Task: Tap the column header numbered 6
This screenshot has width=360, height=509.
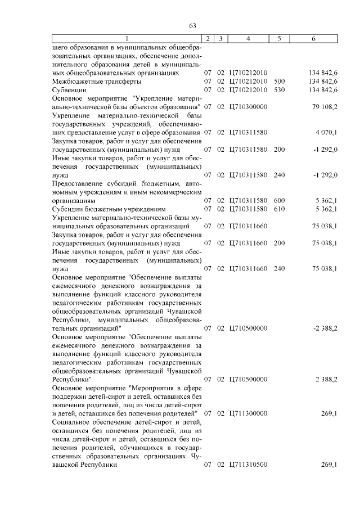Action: tap(313, 38)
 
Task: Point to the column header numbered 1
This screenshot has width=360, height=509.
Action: tap(126, 38)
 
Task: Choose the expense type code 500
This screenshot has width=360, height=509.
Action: tap(279, 82)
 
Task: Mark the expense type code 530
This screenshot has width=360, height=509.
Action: tap(279, 89)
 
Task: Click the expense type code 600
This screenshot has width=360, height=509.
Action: tap(279, 200)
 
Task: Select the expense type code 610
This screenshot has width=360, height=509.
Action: tap(279, 209)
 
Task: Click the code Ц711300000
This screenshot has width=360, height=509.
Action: tap(248, 413)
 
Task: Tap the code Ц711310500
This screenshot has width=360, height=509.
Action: tap(248, 465)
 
